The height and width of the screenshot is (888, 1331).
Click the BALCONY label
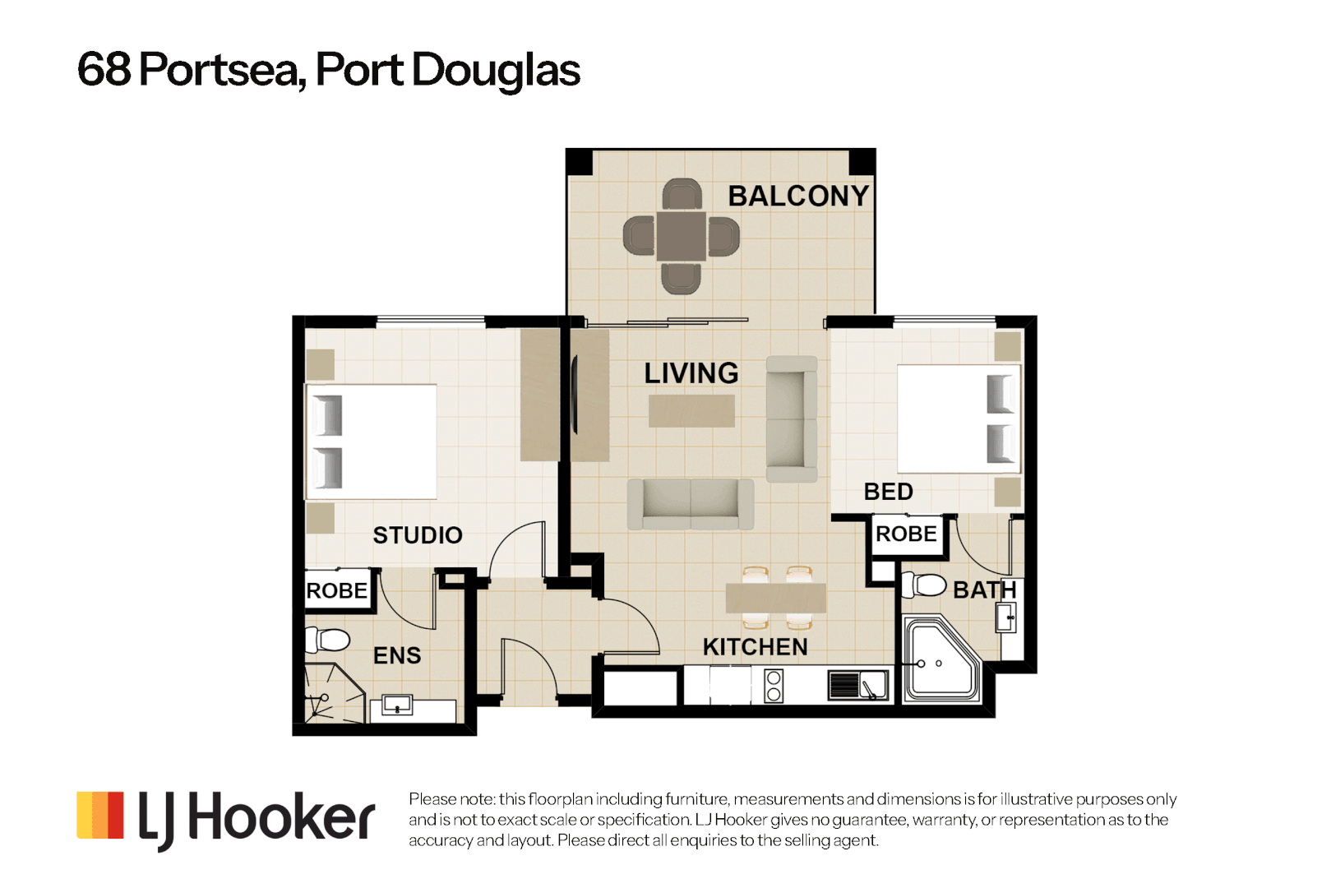(798, 197)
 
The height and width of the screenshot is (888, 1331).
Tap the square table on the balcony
(681, 237)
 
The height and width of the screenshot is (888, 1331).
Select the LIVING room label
(691, 373)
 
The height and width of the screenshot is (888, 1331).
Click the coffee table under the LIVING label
(691, 411)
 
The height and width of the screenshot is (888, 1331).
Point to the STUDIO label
(417, 535)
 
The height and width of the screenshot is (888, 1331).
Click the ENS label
(397, 655)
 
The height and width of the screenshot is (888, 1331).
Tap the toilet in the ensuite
(327, 641)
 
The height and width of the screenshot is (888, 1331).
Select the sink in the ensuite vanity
(397, 705)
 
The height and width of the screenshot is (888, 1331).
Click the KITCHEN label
(755, 647)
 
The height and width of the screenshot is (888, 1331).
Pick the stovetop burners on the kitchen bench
(773, 685)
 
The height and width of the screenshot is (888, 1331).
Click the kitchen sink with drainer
(858, 685)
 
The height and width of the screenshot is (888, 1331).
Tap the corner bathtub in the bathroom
(942, 659)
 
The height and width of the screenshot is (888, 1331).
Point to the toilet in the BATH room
(923, 585)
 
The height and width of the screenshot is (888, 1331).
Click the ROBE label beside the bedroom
(906, 534)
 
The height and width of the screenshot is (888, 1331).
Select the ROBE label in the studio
(336, 591)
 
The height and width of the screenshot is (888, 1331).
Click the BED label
(889, 492)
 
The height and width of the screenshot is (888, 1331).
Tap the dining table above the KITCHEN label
(775, 598)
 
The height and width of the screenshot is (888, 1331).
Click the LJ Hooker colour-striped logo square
(99, 815)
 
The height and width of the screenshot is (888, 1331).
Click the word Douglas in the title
(496, 70)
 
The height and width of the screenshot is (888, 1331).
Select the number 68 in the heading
(104, 70)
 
